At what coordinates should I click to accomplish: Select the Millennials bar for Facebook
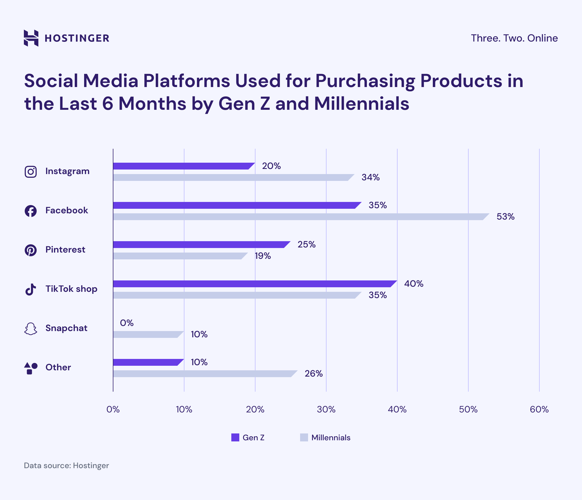[298, 217]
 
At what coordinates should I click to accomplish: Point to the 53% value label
[505, 217]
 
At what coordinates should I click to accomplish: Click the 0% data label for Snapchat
[126, 323]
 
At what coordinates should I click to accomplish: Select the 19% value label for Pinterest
[263, 256]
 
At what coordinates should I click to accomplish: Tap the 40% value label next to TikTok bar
[413, 284]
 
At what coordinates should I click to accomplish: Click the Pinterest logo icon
[31, 250]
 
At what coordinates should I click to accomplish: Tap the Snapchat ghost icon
[31, 329]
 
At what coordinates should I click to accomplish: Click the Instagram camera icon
[31, 172]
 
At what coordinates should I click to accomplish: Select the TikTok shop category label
[71, 289]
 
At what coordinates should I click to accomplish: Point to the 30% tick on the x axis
[326, 410]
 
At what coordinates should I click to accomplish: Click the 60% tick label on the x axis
[539, 410]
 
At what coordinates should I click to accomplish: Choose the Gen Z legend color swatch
[235, 437]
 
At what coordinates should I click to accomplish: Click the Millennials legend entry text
[331, 437]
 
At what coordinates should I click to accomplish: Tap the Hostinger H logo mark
[31, 38]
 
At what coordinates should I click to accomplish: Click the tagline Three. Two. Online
[514, 38]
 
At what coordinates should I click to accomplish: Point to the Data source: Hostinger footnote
[66, 466]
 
